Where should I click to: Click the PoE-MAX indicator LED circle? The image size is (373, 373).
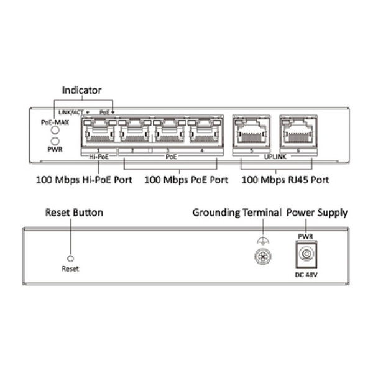click(55, 130)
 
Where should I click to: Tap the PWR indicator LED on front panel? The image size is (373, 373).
click(55, 141)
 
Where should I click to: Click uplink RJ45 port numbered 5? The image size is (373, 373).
click(251, 132)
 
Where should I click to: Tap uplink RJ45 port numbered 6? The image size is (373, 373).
click(298, 132)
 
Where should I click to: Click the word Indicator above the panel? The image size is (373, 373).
click(81, 90)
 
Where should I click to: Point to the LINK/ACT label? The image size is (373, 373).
click(71, 113)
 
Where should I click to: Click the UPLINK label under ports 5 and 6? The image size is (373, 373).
click(275, 157)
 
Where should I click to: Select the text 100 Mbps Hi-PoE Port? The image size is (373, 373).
click(84, 180)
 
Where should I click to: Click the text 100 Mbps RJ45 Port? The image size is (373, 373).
click(285, 180)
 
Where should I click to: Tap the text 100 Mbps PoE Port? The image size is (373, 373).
click(186, 180)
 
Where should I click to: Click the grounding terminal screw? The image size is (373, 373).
click(263, 257)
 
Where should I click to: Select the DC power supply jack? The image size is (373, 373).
click(306, 254)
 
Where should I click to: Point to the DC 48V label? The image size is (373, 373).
click(306, 275)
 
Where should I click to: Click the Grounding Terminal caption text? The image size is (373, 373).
click(237, 213)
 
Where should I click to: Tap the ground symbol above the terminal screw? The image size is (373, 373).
click(263, 241)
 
